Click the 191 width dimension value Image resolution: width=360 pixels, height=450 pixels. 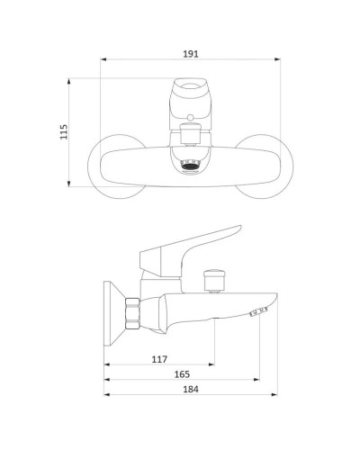click(x=191, y=54)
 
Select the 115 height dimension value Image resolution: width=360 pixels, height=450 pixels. click(x=64, y=131)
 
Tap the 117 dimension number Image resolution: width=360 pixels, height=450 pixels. click(x=159, y=359)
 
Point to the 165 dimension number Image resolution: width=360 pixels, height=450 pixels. click(x=182, y=374)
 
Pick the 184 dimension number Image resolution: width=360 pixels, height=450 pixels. click(x=191, y=389)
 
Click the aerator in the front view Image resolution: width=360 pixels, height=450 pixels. click(x=190, y=166)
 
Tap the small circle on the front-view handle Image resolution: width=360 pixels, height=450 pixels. click(x=190, y=117)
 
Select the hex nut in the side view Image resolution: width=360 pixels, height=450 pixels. click(x=132, y=314)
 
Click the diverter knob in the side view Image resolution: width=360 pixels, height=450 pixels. click(x=214, y=280)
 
